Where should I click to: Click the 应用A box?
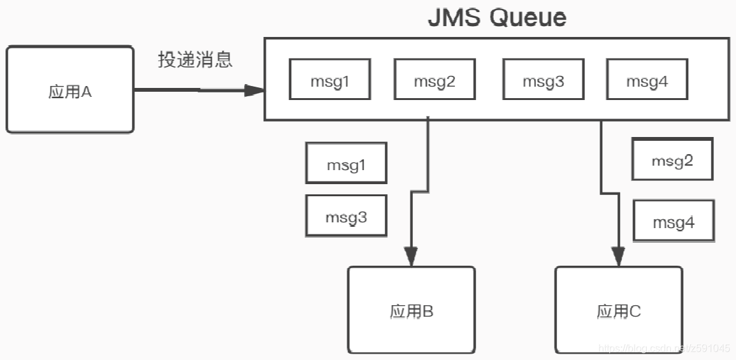pos(70,89)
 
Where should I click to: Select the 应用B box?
pos(411,310)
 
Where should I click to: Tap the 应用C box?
pos(618,310)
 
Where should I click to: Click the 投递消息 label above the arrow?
pos(195,60)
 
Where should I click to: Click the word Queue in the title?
pos(528,17)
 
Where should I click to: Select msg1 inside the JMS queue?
pos(329,80)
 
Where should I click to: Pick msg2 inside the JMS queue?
pos(435,80)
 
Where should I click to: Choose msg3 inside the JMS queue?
pos(543,80)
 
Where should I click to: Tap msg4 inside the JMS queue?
pos(647,80)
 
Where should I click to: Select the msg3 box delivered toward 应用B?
pos(346,216)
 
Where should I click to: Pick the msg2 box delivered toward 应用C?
pos(672,159)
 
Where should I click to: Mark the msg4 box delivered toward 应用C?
pos(674,221)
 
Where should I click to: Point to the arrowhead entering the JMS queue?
pos(255,90)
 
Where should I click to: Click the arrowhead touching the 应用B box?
pos(411,257)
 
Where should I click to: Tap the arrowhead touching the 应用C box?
pos(617,257)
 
